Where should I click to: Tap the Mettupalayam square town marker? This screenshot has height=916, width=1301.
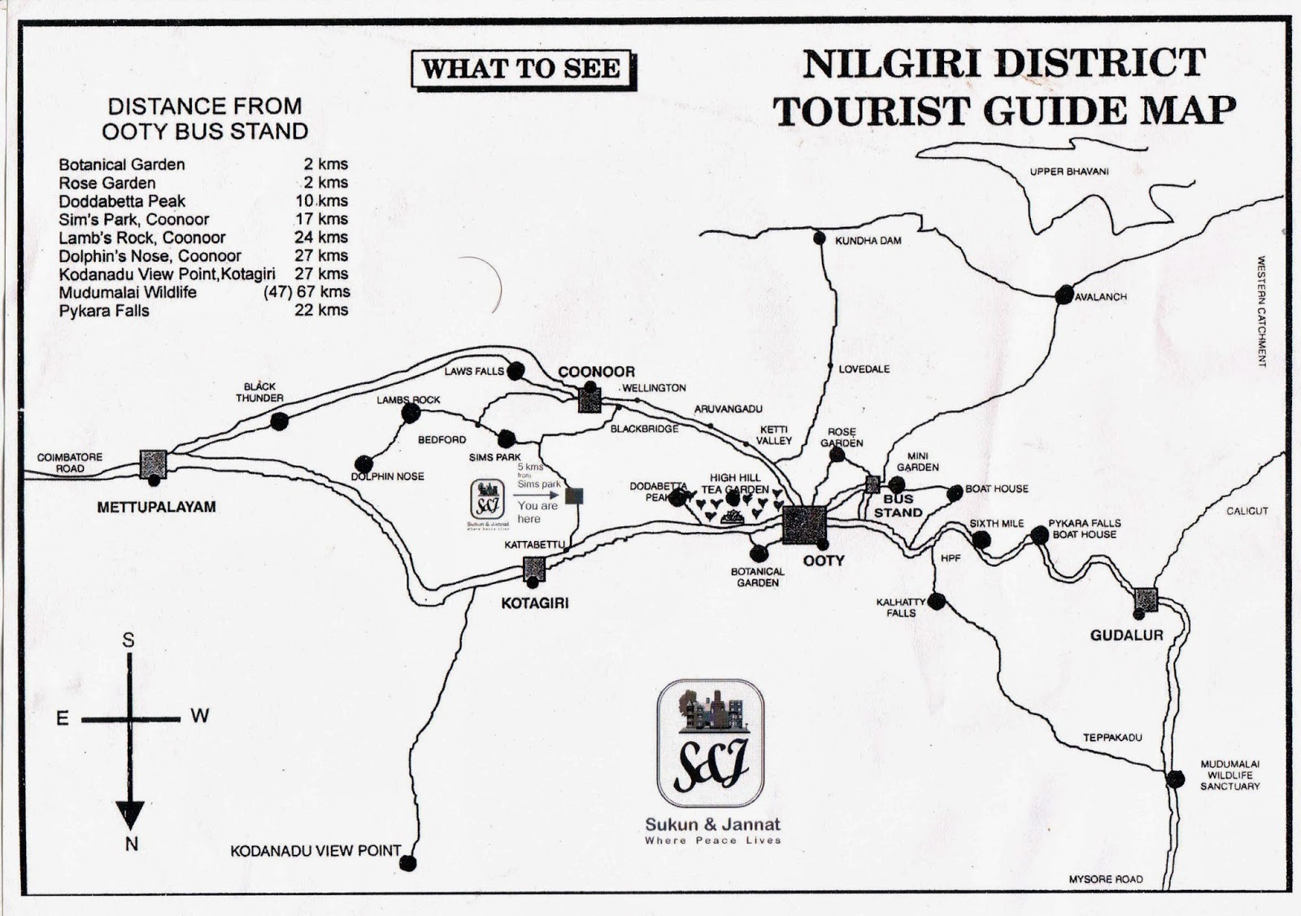tap(153, 464)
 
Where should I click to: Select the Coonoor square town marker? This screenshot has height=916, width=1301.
tap(590, 400)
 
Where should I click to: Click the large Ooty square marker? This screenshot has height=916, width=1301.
tap(804, 525)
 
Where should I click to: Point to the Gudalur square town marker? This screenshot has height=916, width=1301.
tap(1146, 600)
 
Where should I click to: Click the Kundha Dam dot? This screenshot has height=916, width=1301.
tap(820, 238)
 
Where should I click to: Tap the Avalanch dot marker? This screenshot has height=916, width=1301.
tap(1064, 295)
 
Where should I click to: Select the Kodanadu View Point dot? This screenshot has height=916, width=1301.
tap(409, 862)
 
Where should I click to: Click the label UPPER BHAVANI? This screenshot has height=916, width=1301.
tap(1068, 172)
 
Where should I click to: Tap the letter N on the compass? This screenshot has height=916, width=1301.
tap(131, 844)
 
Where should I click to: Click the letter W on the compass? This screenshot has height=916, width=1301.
tap(200, 716)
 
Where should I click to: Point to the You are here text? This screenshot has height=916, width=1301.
tap(537, 512)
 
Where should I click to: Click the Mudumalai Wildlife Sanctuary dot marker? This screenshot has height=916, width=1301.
tap(1175, 779)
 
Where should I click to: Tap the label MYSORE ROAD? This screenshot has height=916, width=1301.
tap(1105, 879)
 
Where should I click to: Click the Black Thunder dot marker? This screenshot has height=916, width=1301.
tap(279, 421)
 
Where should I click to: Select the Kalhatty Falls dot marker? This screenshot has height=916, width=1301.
tap(937, 601)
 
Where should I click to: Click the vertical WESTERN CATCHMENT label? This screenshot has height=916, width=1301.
tap(1262, 312)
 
